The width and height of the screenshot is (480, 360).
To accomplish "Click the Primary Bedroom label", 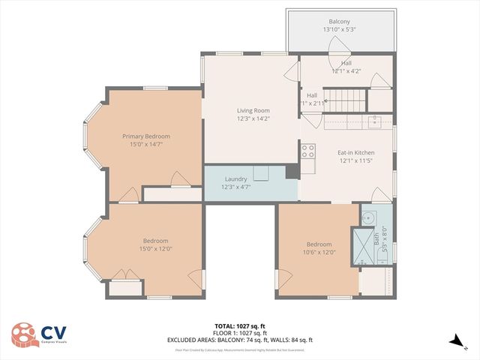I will [x=146, y=136].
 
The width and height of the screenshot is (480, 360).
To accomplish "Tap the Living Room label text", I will [x=253, y=110].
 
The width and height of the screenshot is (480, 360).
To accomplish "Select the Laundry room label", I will [x=237, y=178].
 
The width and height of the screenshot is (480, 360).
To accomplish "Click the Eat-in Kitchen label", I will [x=355, y=153].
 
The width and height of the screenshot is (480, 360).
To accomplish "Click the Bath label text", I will [x=376, y=238].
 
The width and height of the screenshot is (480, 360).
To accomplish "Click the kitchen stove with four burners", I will [x=308, y=153].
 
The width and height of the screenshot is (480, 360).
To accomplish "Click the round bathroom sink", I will [x=367, y=217].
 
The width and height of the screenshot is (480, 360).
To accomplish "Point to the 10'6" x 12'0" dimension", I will [x=319, y=253].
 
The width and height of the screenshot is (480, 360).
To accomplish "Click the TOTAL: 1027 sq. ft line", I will [x=239, y=326].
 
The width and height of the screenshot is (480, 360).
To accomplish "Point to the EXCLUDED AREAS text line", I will [x=239, y=340].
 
